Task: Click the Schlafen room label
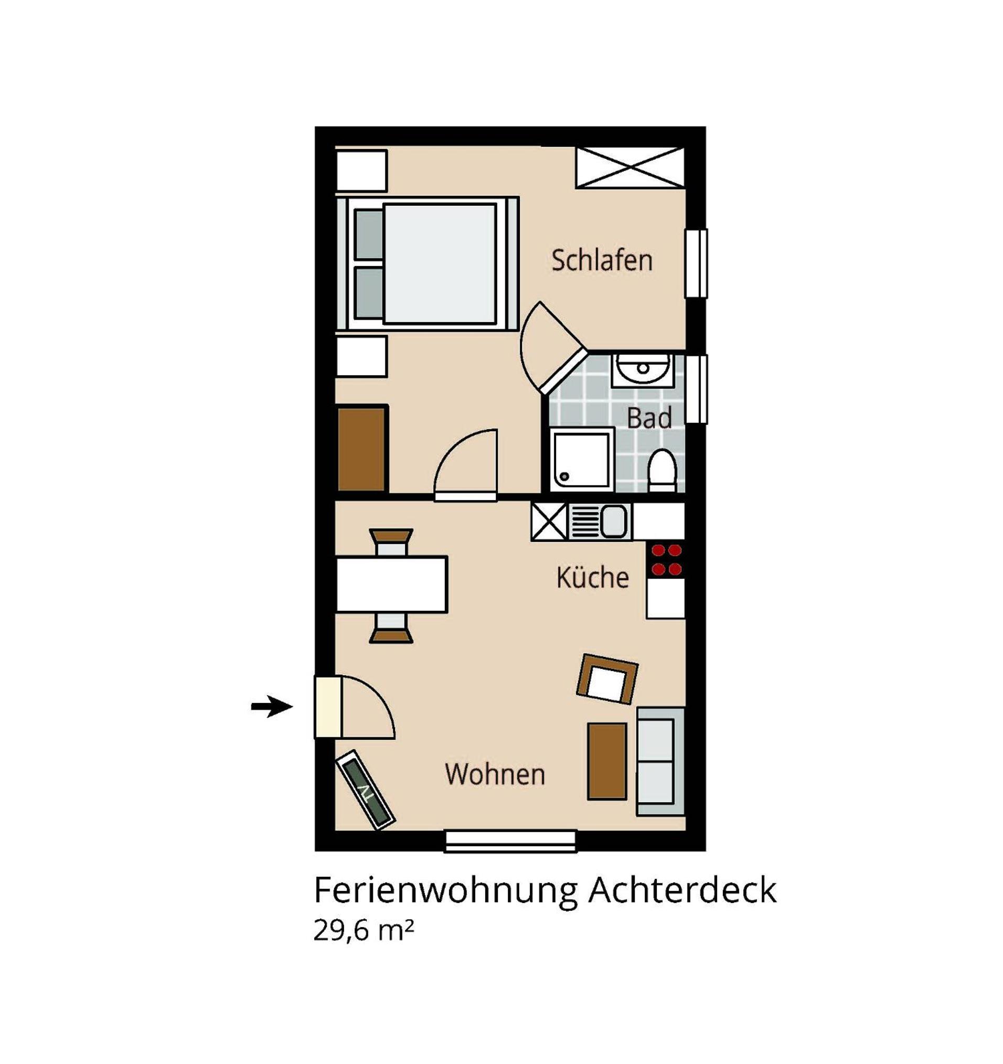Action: (x=602, y=261)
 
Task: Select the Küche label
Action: (x=592, y=578)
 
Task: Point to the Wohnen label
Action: (x=495, y=774)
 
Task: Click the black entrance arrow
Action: (x=271, y=707)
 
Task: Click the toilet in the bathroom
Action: (x=662, y=470)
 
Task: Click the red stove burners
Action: (x=666, y=559)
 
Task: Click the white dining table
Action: (x=391, y=584)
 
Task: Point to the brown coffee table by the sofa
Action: (x=607, y=761)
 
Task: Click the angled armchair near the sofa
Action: (x=607, y=679)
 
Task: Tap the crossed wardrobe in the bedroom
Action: (x=629, y=167)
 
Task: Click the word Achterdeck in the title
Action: (x=682, y=889)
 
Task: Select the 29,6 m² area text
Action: (x=364, y=931)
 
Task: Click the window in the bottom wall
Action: (x=510, y=841)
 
